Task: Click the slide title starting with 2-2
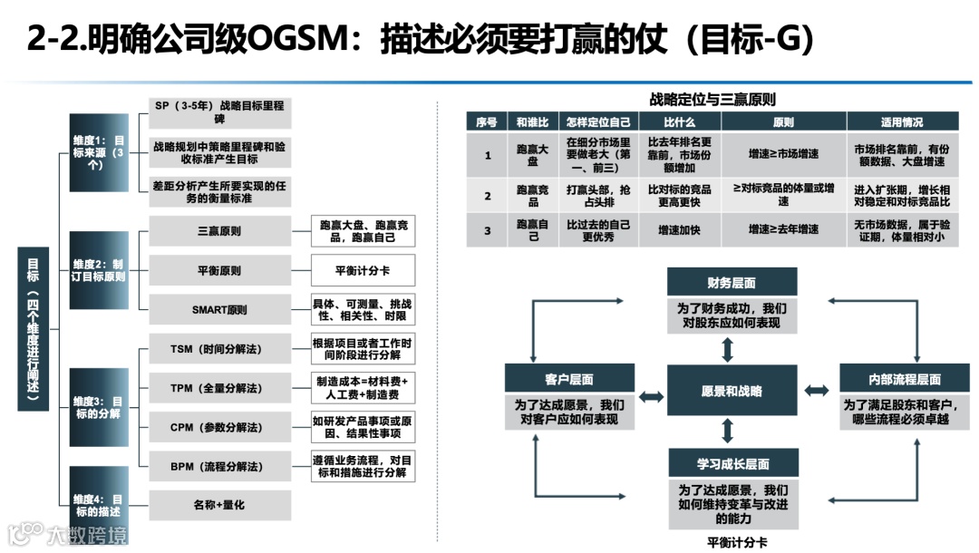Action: point(422,40)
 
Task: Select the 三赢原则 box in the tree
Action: point(219,231)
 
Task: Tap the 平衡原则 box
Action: point(219,270)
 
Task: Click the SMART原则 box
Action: point(219,309)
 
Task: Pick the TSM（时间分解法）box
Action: point(219,349)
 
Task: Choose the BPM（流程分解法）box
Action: point(219,466)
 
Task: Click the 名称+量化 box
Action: point(219,505)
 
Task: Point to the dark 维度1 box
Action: point(99,152)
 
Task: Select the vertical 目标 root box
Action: point(34,329)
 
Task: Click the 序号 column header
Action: point(487,121)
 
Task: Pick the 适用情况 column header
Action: point(902,121)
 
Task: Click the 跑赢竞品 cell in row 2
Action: point(533,196)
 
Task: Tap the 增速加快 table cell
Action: point(679,230)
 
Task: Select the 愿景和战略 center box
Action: point(732,392)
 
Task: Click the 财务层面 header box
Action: point(732,282)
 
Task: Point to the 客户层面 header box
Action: point(569,379)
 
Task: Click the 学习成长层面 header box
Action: point(733,463)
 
